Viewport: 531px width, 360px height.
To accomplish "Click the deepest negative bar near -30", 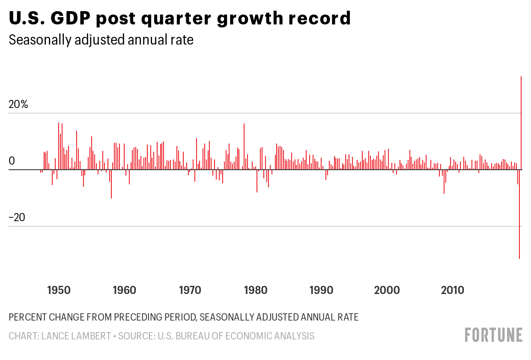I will pyautogui.click(x=519, y=214).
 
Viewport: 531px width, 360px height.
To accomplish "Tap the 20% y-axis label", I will pyautogui.click(x=18, y=105).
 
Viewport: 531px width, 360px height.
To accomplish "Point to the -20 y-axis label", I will pyautogui.click(x=17, y=217).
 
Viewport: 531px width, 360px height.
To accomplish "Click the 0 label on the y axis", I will pyautogui.click(x=12, y=161).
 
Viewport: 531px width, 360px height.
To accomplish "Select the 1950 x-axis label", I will pyautogui.click(x=59, y=290).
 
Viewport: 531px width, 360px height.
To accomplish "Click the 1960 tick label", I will pyautogui.click(x=124, y=290).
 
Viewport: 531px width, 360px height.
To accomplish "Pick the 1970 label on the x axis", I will pyautogui.click(x=190, y=290).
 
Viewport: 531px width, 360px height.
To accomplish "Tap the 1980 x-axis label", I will pyautogui.click(x=256, y=290).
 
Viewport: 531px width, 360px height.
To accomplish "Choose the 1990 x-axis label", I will pyautogui.click(x=321, y=290).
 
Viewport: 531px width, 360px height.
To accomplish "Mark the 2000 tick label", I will pyautogui.click(x=387, y=290).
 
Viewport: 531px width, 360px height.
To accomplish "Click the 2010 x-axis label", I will pyautogui.click(x=452, y=290).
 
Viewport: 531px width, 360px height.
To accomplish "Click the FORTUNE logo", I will pyautogui.click(x=493, y=335).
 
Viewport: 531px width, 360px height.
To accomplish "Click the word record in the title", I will pyautogui.click(x=321, y=18).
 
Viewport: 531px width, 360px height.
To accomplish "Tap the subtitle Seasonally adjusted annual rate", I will pyautogui.click(x=101, y=40).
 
